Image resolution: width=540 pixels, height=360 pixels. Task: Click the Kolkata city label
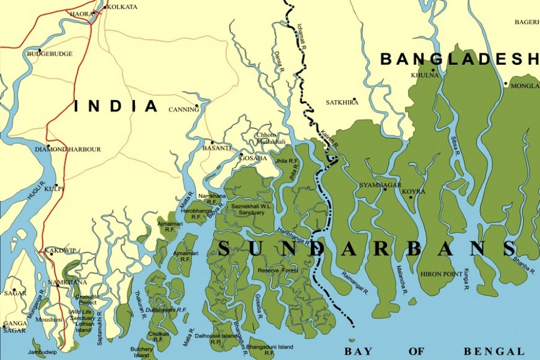click(x=123, y=7)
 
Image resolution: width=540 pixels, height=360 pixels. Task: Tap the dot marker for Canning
click(x=197, y=105)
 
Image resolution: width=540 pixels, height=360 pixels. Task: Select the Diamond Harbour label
click(x=68, y=149)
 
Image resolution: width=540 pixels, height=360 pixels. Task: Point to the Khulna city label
click(x=425, y=76)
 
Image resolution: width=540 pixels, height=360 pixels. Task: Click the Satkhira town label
click(x=342, y=103)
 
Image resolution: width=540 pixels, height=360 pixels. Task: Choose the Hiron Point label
click(x=442, y=274)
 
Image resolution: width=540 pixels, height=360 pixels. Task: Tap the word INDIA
click(x=116, y=107)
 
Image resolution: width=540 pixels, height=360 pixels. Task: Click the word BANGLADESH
click(x=460, y=59)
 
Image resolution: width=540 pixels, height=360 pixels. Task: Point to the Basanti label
click(x=217, y=148)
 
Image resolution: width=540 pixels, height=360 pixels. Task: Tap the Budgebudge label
click(x=50, y=54)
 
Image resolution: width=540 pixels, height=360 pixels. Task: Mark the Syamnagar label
click(x=380, y=185)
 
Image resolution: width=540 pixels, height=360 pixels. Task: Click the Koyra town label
click(x=413, y=191)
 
